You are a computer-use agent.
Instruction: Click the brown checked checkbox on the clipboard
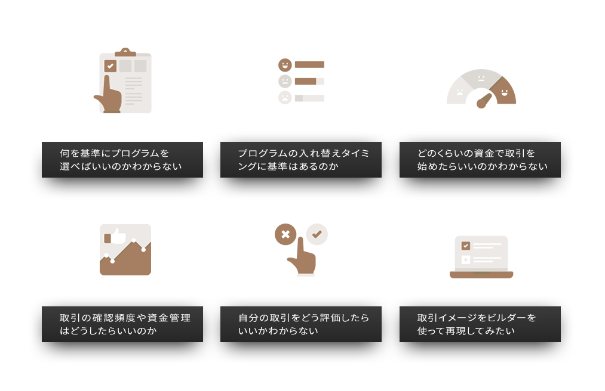(x=110, y=66)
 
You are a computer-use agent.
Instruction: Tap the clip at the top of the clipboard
(x=125, y=52)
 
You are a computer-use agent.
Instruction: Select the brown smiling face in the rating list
(x=285, y=65)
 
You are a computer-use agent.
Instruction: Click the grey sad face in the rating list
(x=285, y=98)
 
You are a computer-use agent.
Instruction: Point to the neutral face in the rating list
(x=285, y=81)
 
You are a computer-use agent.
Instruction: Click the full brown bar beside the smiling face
(x=309, y=65)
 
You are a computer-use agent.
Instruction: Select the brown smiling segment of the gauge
(x=504, y=91)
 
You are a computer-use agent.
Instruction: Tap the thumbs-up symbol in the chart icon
(x=115, y=237)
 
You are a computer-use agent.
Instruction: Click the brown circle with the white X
(x=285, y=234)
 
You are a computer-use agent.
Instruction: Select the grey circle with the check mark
(x=317, y=234)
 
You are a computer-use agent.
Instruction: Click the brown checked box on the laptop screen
(x=466, y=246)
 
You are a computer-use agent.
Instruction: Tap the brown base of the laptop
(x=481, y=275)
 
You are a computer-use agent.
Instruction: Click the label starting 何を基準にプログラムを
(x=122, y=160)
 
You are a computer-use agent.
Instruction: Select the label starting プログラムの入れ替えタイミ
(x=301, y=160)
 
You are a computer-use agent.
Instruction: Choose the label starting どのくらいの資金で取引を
(x=480, y=160)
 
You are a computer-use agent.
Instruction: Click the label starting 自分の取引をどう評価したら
(x=301, y=324)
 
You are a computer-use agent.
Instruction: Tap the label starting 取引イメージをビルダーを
(x=480, y=324)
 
